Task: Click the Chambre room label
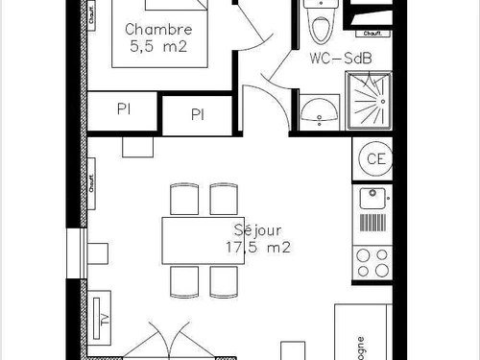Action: pos(164,30)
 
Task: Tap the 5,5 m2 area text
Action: pos(164,46)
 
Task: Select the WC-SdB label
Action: pos(340,59)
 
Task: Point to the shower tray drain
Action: pos(368,99)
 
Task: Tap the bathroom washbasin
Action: pos(317,111)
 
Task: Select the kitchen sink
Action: pos(372,200)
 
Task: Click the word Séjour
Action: pos(258,230)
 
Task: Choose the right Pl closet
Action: pos(198,115)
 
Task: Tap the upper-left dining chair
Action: pos(182,200)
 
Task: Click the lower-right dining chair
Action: pos(223,281)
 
